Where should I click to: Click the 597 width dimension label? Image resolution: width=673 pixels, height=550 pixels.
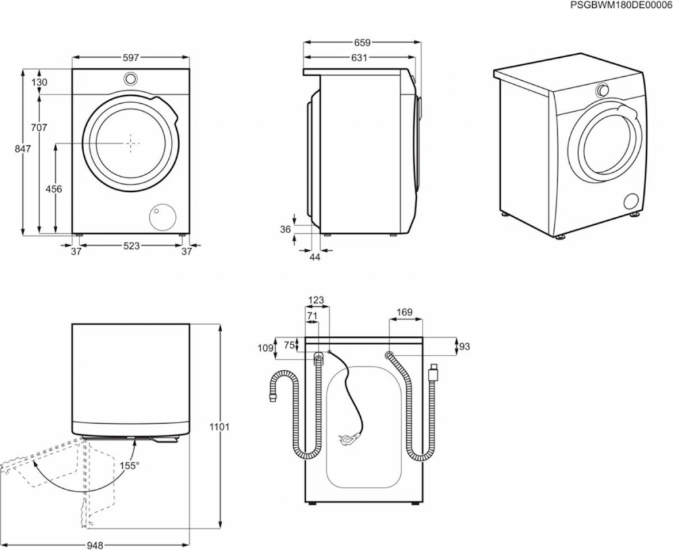[x=131, y=57]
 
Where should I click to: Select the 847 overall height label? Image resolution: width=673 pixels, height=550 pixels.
[x=23, y=149]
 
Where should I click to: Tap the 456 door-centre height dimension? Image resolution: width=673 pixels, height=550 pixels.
[x=55, y=189]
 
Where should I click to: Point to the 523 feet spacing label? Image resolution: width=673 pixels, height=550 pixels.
[x=131, y=245]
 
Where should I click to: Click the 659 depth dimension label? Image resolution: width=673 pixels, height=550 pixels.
[x=362, y=43]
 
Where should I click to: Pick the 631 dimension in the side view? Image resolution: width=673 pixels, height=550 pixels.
[x=359, y=57]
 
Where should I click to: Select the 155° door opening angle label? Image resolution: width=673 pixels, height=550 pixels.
[x=130, y=465]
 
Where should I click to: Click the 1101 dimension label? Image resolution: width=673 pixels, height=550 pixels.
[x=219, y=427]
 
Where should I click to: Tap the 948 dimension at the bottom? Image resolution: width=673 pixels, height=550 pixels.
[x=95, y=545]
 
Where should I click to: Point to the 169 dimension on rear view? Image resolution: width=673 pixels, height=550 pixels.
[x=404, y=312]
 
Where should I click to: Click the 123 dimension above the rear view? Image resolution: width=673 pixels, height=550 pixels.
[x=316, y=300]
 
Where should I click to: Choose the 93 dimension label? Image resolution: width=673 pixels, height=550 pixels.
[x=465, y=346]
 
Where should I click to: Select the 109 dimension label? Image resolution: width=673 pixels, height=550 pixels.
[x=266, y=348]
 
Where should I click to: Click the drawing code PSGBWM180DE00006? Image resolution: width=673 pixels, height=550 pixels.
[x=621, y=5]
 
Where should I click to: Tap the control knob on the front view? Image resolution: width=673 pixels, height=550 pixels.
[x=131, y=78]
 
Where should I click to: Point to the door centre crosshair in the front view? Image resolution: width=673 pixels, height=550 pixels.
[x=131, y=143]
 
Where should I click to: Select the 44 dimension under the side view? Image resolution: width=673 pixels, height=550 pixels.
[x=315, y=257]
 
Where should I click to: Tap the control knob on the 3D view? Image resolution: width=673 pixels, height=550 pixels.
[x=602, y=90]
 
